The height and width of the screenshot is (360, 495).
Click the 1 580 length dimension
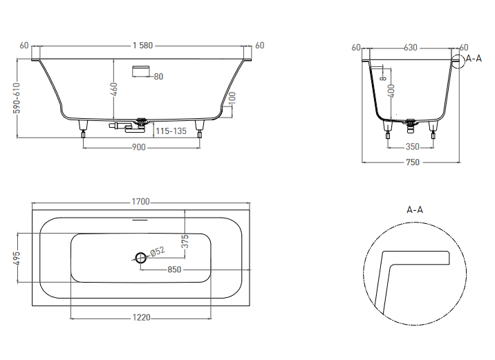pyautogui.click(x=142, y=46)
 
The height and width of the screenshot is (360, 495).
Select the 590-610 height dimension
pyautogui.click(x=17, y=98)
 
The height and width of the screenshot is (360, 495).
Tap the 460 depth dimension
pyautogui.click(x=114, y=89)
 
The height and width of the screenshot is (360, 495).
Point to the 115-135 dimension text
pyautogui.click(x=171, y=131)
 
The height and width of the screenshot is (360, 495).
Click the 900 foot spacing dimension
pyautogui.click(x=138, y=147)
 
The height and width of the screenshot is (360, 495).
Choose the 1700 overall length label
pyautogui.click(x=140, y=202)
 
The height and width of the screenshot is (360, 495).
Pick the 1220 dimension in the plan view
pyautogui.click(x=141, y=317)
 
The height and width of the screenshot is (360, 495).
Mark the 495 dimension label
pyautogui.click(x=17, y=258)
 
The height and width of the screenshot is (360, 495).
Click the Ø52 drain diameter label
pyautogui.click(x=158, y=252)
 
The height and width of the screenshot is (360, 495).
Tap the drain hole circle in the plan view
pyautogui.click(x=140, y=258)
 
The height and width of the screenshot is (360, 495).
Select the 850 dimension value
pyautogui.click(x=174, y=269)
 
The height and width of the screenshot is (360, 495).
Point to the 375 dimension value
pyautogui.click(x=185, y=241)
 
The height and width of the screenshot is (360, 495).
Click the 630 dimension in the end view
pyautogui.click(x=411, y=48)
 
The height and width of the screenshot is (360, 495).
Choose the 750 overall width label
pyautogui.click(x=413, y=162)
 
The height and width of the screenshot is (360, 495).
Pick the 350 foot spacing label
pyautogui.click(x=412, y=146)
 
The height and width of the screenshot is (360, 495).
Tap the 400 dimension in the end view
pyautogui.click(x=391, y=91)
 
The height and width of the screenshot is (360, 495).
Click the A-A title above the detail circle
pyautogui.click(x=415, y=210)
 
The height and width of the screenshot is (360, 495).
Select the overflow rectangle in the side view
pyautogui.click(x=141, y=71)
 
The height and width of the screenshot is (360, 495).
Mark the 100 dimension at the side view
pyautogui.click(x=232, y=99)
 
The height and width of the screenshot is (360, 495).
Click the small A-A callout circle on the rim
pyautogui.click(x=458, y=61)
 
